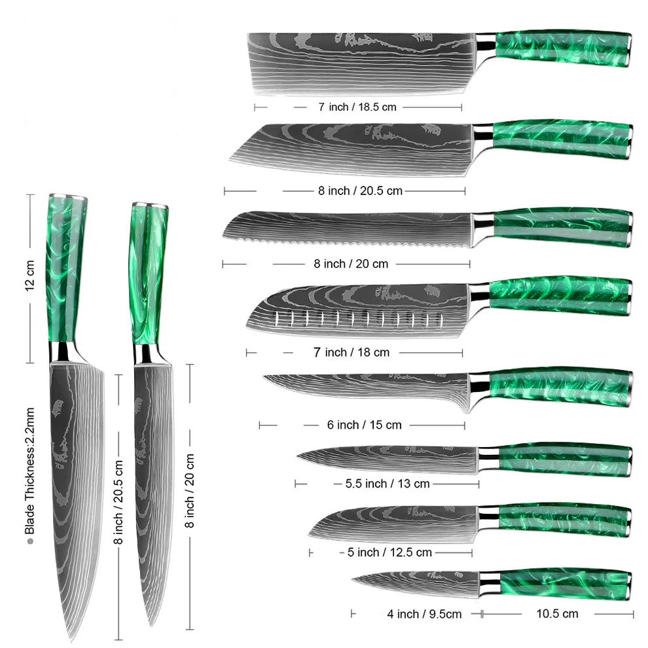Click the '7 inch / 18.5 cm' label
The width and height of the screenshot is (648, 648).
(x=357, y=107)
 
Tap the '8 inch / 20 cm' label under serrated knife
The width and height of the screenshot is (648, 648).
(x=351, y=264)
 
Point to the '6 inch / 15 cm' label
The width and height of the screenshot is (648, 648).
(x=364, y=425)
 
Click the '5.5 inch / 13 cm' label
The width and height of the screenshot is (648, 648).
(x=387, y=484)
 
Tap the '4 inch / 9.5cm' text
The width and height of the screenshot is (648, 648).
(x=424, y=614)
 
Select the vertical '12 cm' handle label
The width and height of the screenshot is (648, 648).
(x=30, y=278)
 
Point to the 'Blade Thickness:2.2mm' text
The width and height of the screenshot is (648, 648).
(x=29, y=471)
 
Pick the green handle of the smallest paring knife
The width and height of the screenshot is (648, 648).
(x=563, y=584)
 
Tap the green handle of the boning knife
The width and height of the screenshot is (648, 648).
(x=560, y=386)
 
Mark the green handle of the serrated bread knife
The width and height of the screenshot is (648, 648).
(x=562, y=226)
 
